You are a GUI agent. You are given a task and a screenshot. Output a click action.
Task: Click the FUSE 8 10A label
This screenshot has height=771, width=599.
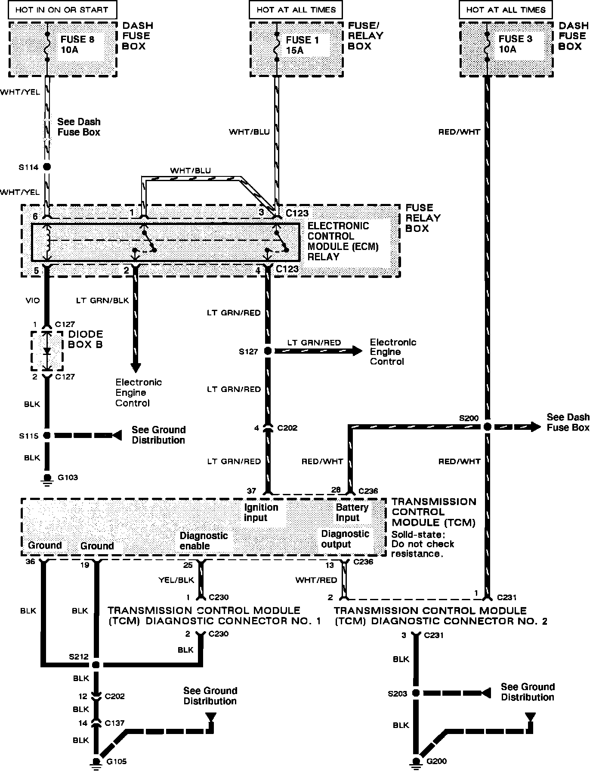(77, 44)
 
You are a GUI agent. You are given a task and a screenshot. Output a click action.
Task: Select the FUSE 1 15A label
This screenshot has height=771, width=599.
(302, 45)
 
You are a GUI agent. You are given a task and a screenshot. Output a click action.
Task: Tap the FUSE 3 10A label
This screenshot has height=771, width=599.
(515, 44)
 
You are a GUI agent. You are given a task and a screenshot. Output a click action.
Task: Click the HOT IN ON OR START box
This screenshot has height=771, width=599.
(62, 9)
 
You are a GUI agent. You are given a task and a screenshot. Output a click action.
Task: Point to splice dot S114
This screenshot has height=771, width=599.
(47, 167)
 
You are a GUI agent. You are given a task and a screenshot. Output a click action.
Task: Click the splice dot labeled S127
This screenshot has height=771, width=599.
(268, 351)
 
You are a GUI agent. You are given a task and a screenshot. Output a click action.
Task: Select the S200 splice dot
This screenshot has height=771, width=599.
(487, 427)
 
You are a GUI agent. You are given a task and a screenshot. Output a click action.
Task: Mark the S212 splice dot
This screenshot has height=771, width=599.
(96, 664)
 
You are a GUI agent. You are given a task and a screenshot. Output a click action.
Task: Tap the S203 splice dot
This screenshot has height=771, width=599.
(416, 693)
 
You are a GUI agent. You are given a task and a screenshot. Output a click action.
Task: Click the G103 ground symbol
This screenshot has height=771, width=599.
(47, 478)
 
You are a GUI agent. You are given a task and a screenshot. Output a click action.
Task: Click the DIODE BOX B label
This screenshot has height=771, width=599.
(85, 339)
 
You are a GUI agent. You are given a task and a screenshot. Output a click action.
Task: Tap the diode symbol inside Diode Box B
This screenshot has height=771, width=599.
(47, 351)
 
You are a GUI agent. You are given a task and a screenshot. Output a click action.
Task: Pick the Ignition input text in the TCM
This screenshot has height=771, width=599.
(261, 512)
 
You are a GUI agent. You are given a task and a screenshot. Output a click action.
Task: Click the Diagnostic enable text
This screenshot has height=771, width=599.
(203, 541)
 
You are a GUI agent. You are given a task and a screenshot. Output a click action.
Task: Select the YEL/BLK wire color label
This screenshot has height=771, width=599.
(176, 580)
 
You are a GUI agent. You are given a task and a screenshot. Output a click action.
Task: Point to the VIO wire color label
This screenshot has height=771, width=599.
(32, 300)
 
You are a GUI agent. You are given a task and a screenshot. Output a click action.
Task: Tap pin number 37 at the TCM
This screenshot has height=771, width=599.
(251, 490)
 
